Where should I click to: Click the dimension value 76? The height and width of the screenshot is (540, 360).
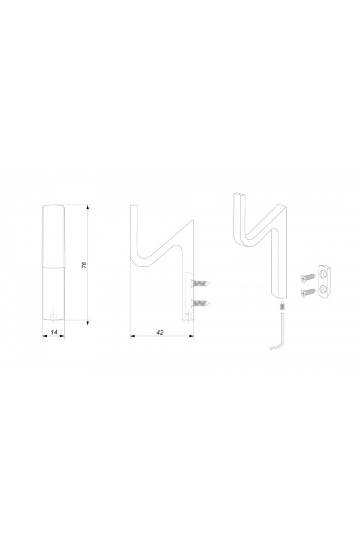click(84, 265)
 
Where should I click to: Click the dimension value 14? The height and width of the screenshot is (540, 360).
click(54, 332)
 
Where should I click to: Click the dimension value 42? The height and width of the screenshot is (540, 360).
click(160, 332)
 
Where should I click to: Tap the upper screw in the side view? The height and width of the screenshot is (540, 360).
click(200, 283)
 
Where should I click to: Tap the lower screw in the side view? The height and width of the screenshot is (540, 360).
click(200, 303)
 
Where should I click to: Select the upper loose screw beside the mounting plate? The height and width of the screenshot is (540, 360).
click(308, 277)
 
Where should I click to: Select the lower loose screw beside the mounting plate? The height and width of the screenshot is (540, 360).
click(308, 292)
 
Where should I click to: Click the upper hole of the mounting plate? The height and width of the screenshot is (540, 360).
click(323, 274)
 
